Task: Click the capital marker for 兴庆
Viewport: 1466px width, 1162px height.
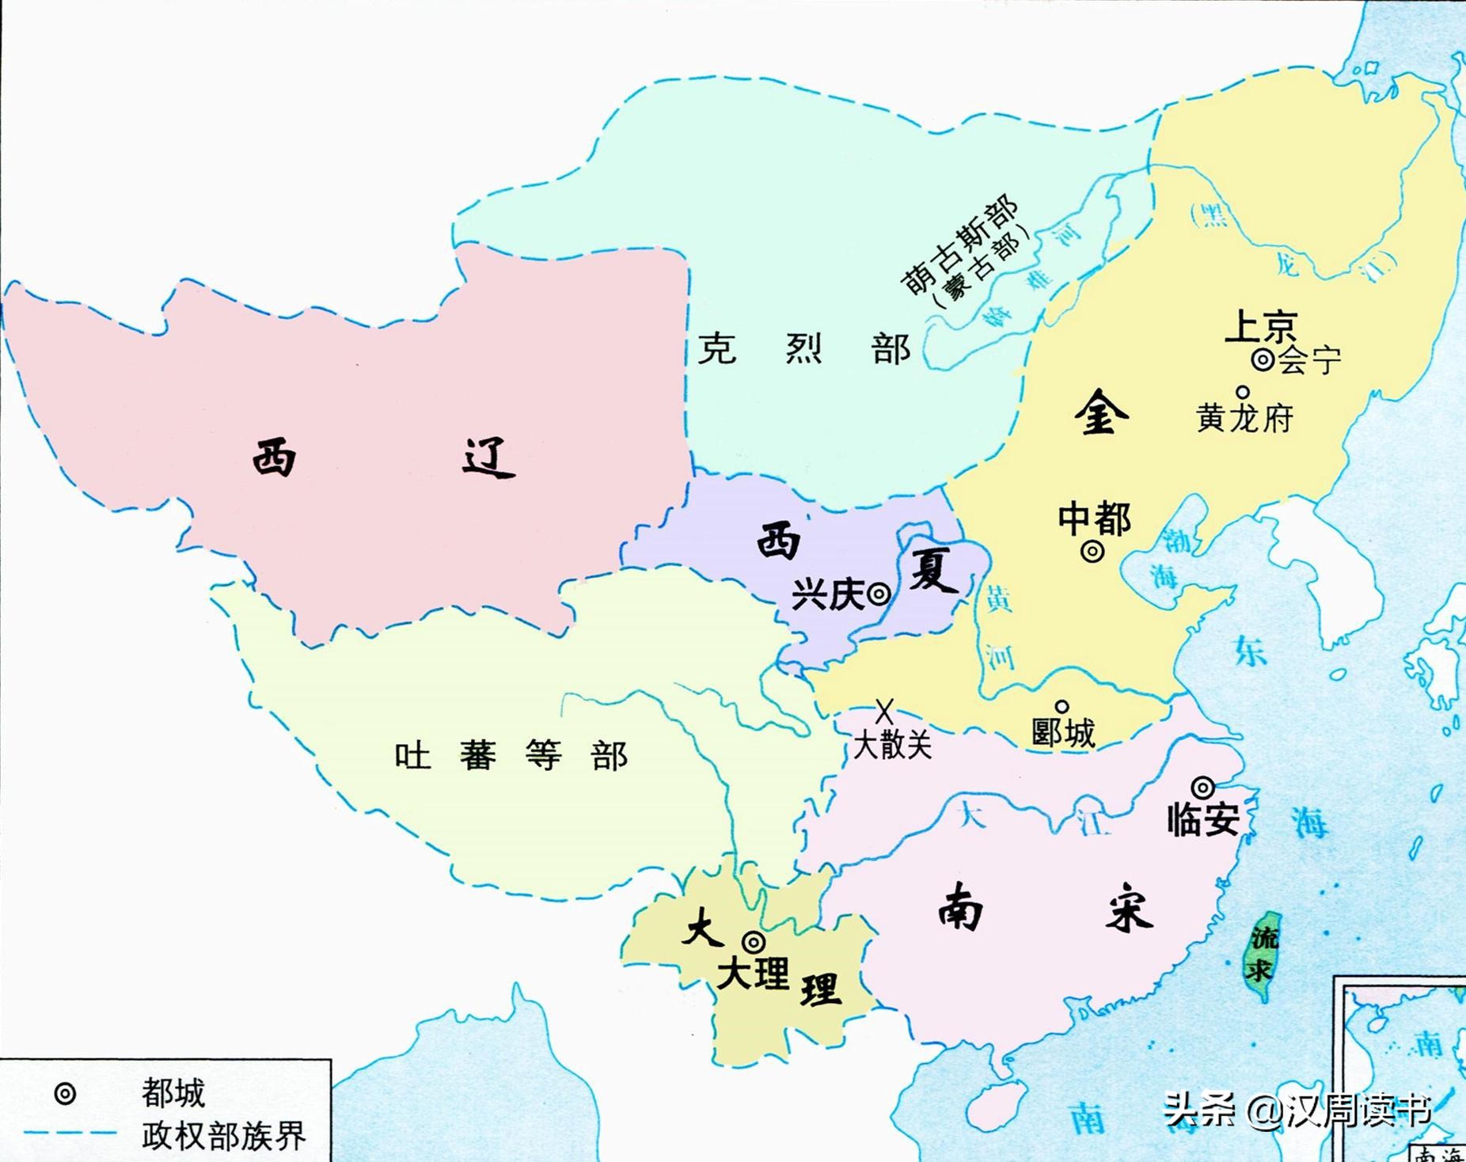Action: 879,594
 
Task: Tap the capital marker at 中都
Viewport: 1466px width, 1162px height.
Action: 1092,551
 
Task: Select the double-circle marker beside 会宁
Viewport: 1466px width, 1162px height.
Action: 1263,360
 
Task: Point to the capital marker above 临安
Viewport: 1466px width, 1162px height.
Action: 1202,788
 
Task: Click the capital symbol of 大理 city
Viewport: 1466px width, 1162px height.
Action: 754,942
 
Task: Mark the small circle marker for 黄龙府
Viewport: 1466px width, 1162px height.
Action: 1243,392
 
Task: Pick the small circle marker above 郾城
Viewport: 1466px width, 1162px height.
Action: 1062,707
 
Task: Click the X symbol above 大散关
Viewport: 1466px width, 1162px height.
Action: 884,711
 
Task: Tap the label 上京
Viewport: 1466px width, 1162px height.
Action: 1260,326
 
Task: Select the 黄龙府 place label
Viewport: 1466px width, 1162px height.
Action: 1244,418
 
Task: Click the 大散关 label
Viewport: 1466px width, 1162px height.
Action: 892,745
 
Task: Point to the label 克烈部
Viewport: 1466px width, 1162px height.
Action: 803,349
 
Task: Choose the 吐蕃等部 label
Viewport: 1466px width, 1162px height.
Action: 511,756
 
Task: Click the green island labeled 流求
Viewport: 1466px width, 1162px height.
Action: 1261,954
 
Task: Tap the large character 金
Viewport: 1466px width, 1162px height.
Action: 1101,412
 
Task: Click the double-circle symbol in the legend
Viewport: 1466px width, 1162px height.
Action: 65,1094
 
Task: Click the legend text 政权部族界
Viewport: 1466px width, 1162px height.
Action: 224,1135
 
